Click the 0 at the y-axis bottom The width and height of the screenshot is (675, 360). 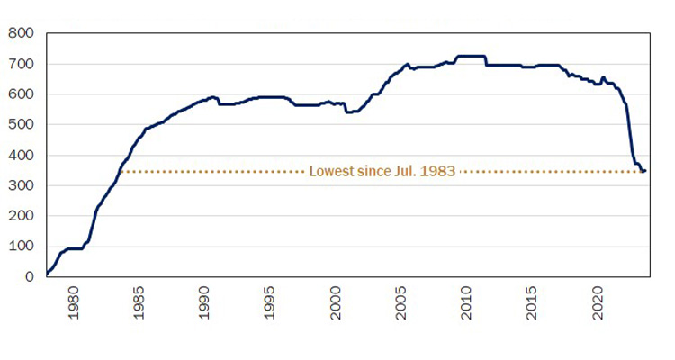30,277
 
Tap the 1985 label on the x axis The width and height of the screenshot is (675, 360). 139,301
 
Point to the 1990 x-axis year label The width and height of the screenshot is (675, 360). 204,301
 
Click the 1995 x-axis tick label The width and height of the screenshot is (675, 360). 270,301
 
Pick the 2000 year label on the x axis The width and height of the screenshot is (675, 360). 336,301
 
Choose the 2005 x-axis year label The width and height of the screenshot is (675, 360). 401,301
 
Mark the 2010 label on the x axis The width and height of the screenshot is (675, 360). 467,301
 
